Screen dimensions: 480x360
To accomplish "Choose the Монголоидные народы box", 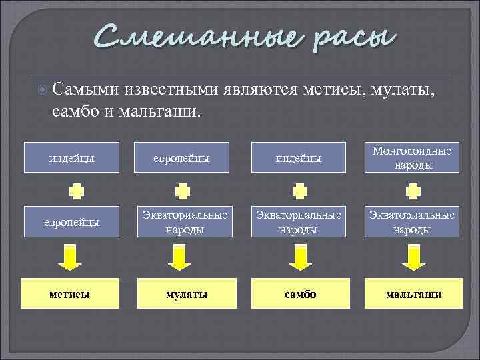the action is pyautogui.click(x=411, y=158).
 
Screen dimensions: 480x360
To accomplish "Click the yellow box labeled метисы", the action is pyautogui.click(x=71, y=294).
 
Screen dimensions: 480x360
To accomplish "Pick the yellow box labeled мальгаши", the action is pyautogui.click(x=413, y=294).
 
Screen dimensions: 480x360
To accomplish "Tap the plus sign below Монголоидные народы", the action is pyautogui.click(x=414, y=191).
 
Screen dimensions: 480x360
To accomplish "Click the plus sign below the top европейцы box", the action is pyautogui.click(x=182, y=191).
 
